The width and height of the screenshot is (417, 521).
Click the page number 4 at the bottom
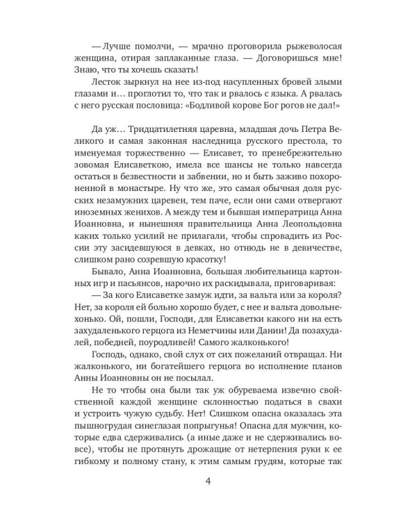click(x=208, y=482)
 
